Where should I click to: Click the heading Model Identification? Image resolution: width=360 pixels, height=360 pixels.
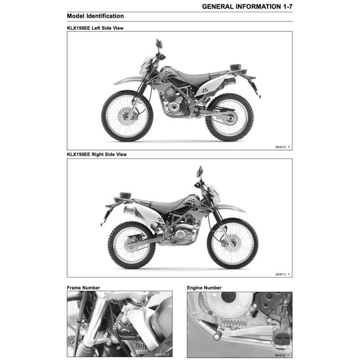[95, 16]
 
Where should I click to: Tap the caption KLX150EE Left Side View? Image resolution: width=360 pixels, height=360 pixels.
[95, 28]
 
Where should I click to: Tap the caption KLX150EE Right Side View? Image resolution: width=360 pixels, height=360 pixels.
[97, 154]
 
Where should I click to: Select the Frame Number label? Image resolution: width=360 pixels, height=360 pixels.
[83, 288]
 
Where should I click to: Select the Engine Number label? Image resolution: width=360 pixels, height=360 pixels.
[204, 288]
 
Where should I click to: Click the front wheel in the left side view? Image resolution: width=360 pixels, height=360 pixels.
[127, 116]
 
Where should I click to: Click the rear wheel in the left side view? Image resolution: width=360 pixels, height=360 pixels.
[229, 117]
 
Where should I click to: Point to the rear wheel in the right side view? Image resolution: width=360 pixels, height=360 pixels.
[132, 245]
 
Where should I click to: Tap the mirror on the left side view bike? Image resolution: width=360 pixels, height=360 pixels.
[159, 44]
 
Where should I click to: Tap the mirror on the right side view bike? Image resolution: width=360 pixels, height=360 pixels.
[200, 171]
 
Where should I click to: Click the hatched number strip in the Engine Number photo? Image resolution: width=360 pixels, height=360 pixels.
[234, 323]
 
